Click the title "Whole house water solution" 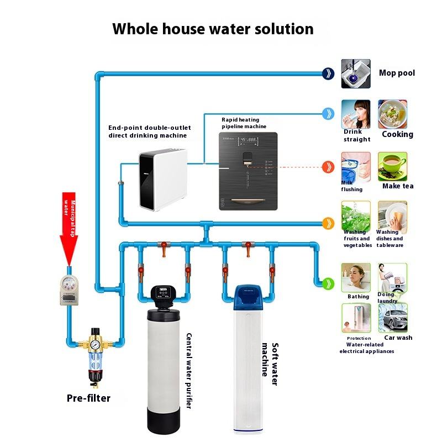point(213,29)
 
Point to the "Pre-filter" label point(88,398)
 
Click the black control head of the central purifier point(164,296)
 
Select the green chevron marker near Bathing point(329,283)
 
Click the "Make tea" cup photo point(392,166)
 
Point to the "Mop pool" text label point(397,73)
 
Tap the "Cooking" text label point(397,134)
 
